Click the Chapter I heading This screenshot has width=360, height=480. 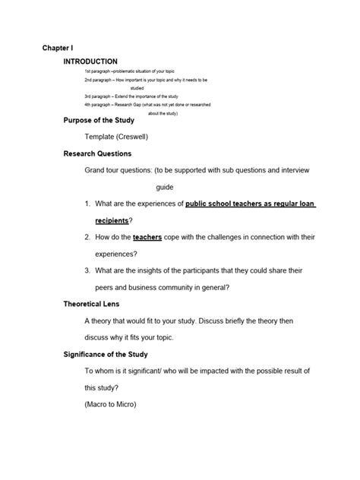[x=58, y=47]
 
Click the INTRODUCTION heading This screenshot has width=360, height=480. [x=90, y=61]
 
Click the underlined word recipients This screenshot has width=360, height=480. [x=111, y=220]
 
